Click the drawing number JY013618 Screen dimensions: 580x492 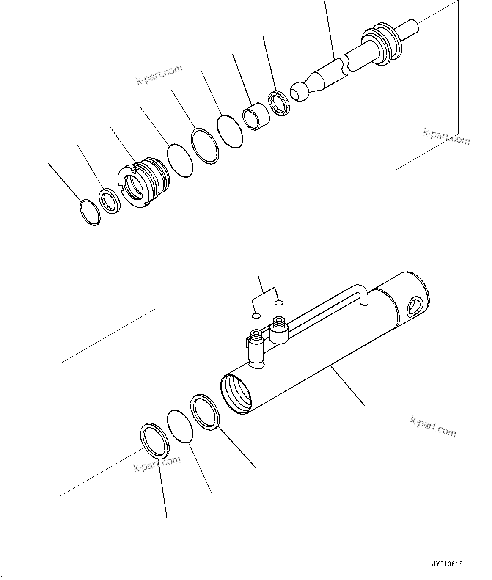447,564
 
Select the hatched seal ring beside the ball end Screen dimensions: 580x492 278,103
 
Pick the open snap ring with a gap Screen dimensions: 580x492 90,212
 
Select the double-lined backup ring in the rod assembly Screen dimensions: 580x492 205,145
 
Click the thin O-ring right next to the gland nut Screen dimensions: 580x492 180,160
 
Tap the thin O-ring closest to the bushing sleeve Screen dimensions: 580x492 230,131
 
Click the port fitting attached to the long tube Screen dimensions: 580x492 279,330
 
